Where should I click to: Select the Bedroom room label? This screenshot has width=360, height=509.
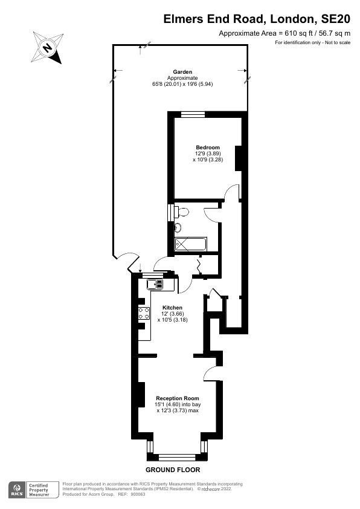coord(208,148)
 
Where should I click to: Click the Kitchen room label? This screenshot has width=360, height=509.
coord(172,308)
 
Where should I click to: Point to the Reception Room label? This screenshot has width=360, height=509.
coord(177,398)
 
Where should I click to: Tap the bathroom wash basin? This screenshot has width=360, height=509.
coord(178,228)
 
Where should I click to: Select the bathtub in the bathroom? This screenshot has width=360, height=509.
coord(190,245)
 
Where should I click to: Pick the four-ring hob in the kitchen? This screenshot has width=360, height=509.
coord(145,313)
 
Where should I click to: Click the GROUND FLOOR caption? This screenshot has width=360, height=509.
coord(173,470)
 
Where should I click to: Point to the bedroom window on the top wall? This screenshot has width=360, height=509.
coord(192,114)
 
